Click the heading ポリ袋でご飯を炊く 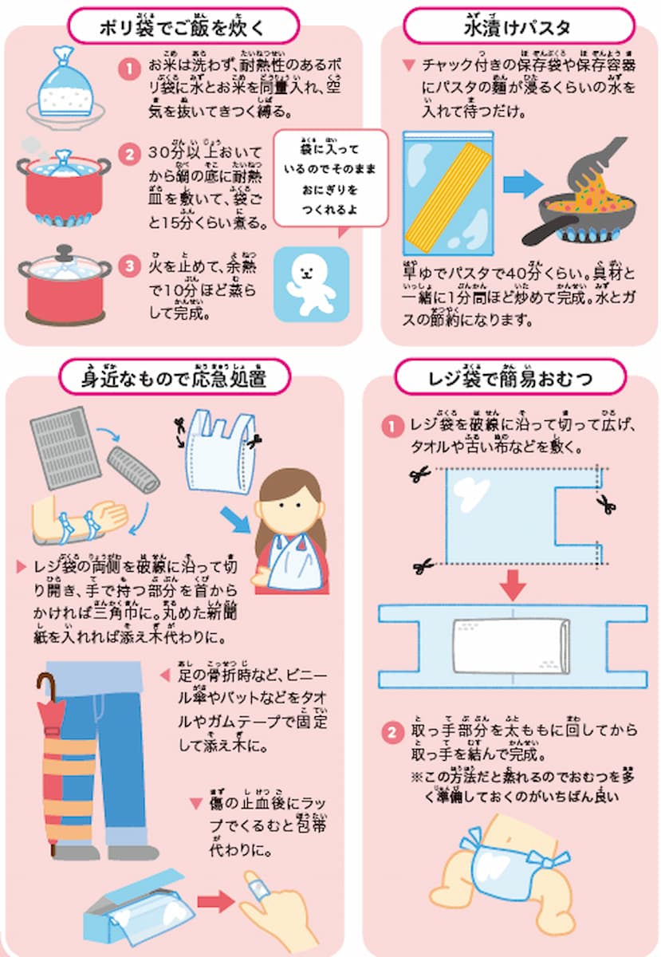pyautogui.click(x=183, y=26)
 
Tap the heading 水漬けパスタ pyautogui.click(x=517, y=26)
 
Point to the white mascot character pyautogui.click(x=311, y=283)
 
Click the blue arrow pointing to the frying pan pyautogui.click(x=522, y=185)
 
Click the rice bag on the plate pyautogui.click(x=63, y=88)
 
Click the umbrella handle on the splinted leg pyautogui.click(x=45, y=690)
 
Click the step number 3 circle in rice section pyautogui.click(x=129, y=266)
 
